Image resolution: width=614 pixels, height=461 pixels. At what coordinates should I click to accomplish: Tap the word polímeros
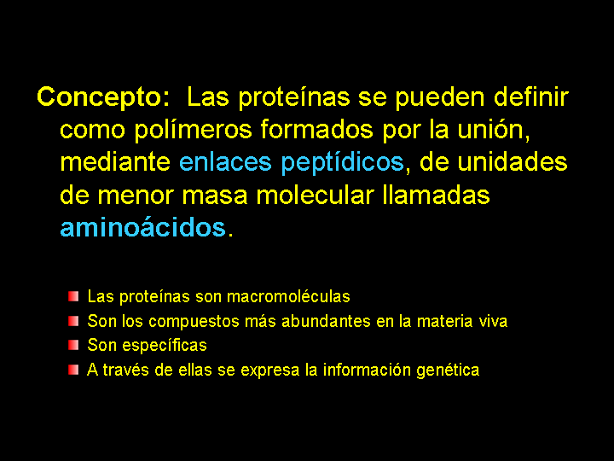coord(194,131)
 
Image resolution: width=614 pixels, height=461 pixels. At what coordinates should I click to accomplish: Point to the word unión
coord(494,130)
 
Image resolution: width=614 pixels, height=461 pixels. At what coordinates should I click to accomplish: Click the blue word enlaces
coord(225,162)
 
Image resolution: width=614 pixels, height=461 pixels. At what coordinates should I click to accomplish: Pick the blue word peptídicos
coord(342,163)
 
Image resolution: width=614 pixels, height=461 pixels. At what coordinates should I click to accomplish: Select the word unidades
coord(513,162)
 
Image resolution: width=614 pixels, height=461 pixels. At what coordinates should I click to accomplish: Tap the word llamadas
coord(436,195)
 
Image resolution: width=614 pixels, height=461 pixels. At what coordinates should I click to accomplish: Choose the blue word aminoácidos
coord(143,227)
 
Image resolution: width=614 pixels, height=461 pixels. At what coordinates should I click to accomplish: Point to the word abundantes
coord(326,321)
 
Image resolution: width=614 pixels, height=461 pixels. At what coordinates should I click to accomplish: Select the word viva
coord(494,322)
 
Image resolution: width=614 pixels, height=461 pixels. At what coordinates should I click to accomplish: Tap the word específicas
coord(165,346)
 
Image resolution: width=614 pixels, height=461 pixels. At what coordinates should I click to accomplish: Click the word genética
coord(448,371)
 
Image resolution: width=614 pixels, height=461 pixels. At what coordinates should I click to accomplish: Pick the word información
coord(366,370)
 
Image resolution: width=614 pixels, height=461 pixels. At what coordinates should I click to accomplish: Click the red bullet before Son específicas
coord(73,346)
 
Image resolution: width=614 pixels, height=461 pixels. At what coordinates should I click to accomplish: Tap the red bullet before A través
coord(73,370)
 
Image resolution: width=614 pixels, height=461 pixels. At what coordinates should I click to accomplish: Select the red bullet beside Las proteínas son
coord(73,296)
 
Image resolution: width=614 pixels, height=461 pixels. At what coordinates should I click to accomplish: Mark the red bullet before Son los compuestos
coord(73,321)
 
